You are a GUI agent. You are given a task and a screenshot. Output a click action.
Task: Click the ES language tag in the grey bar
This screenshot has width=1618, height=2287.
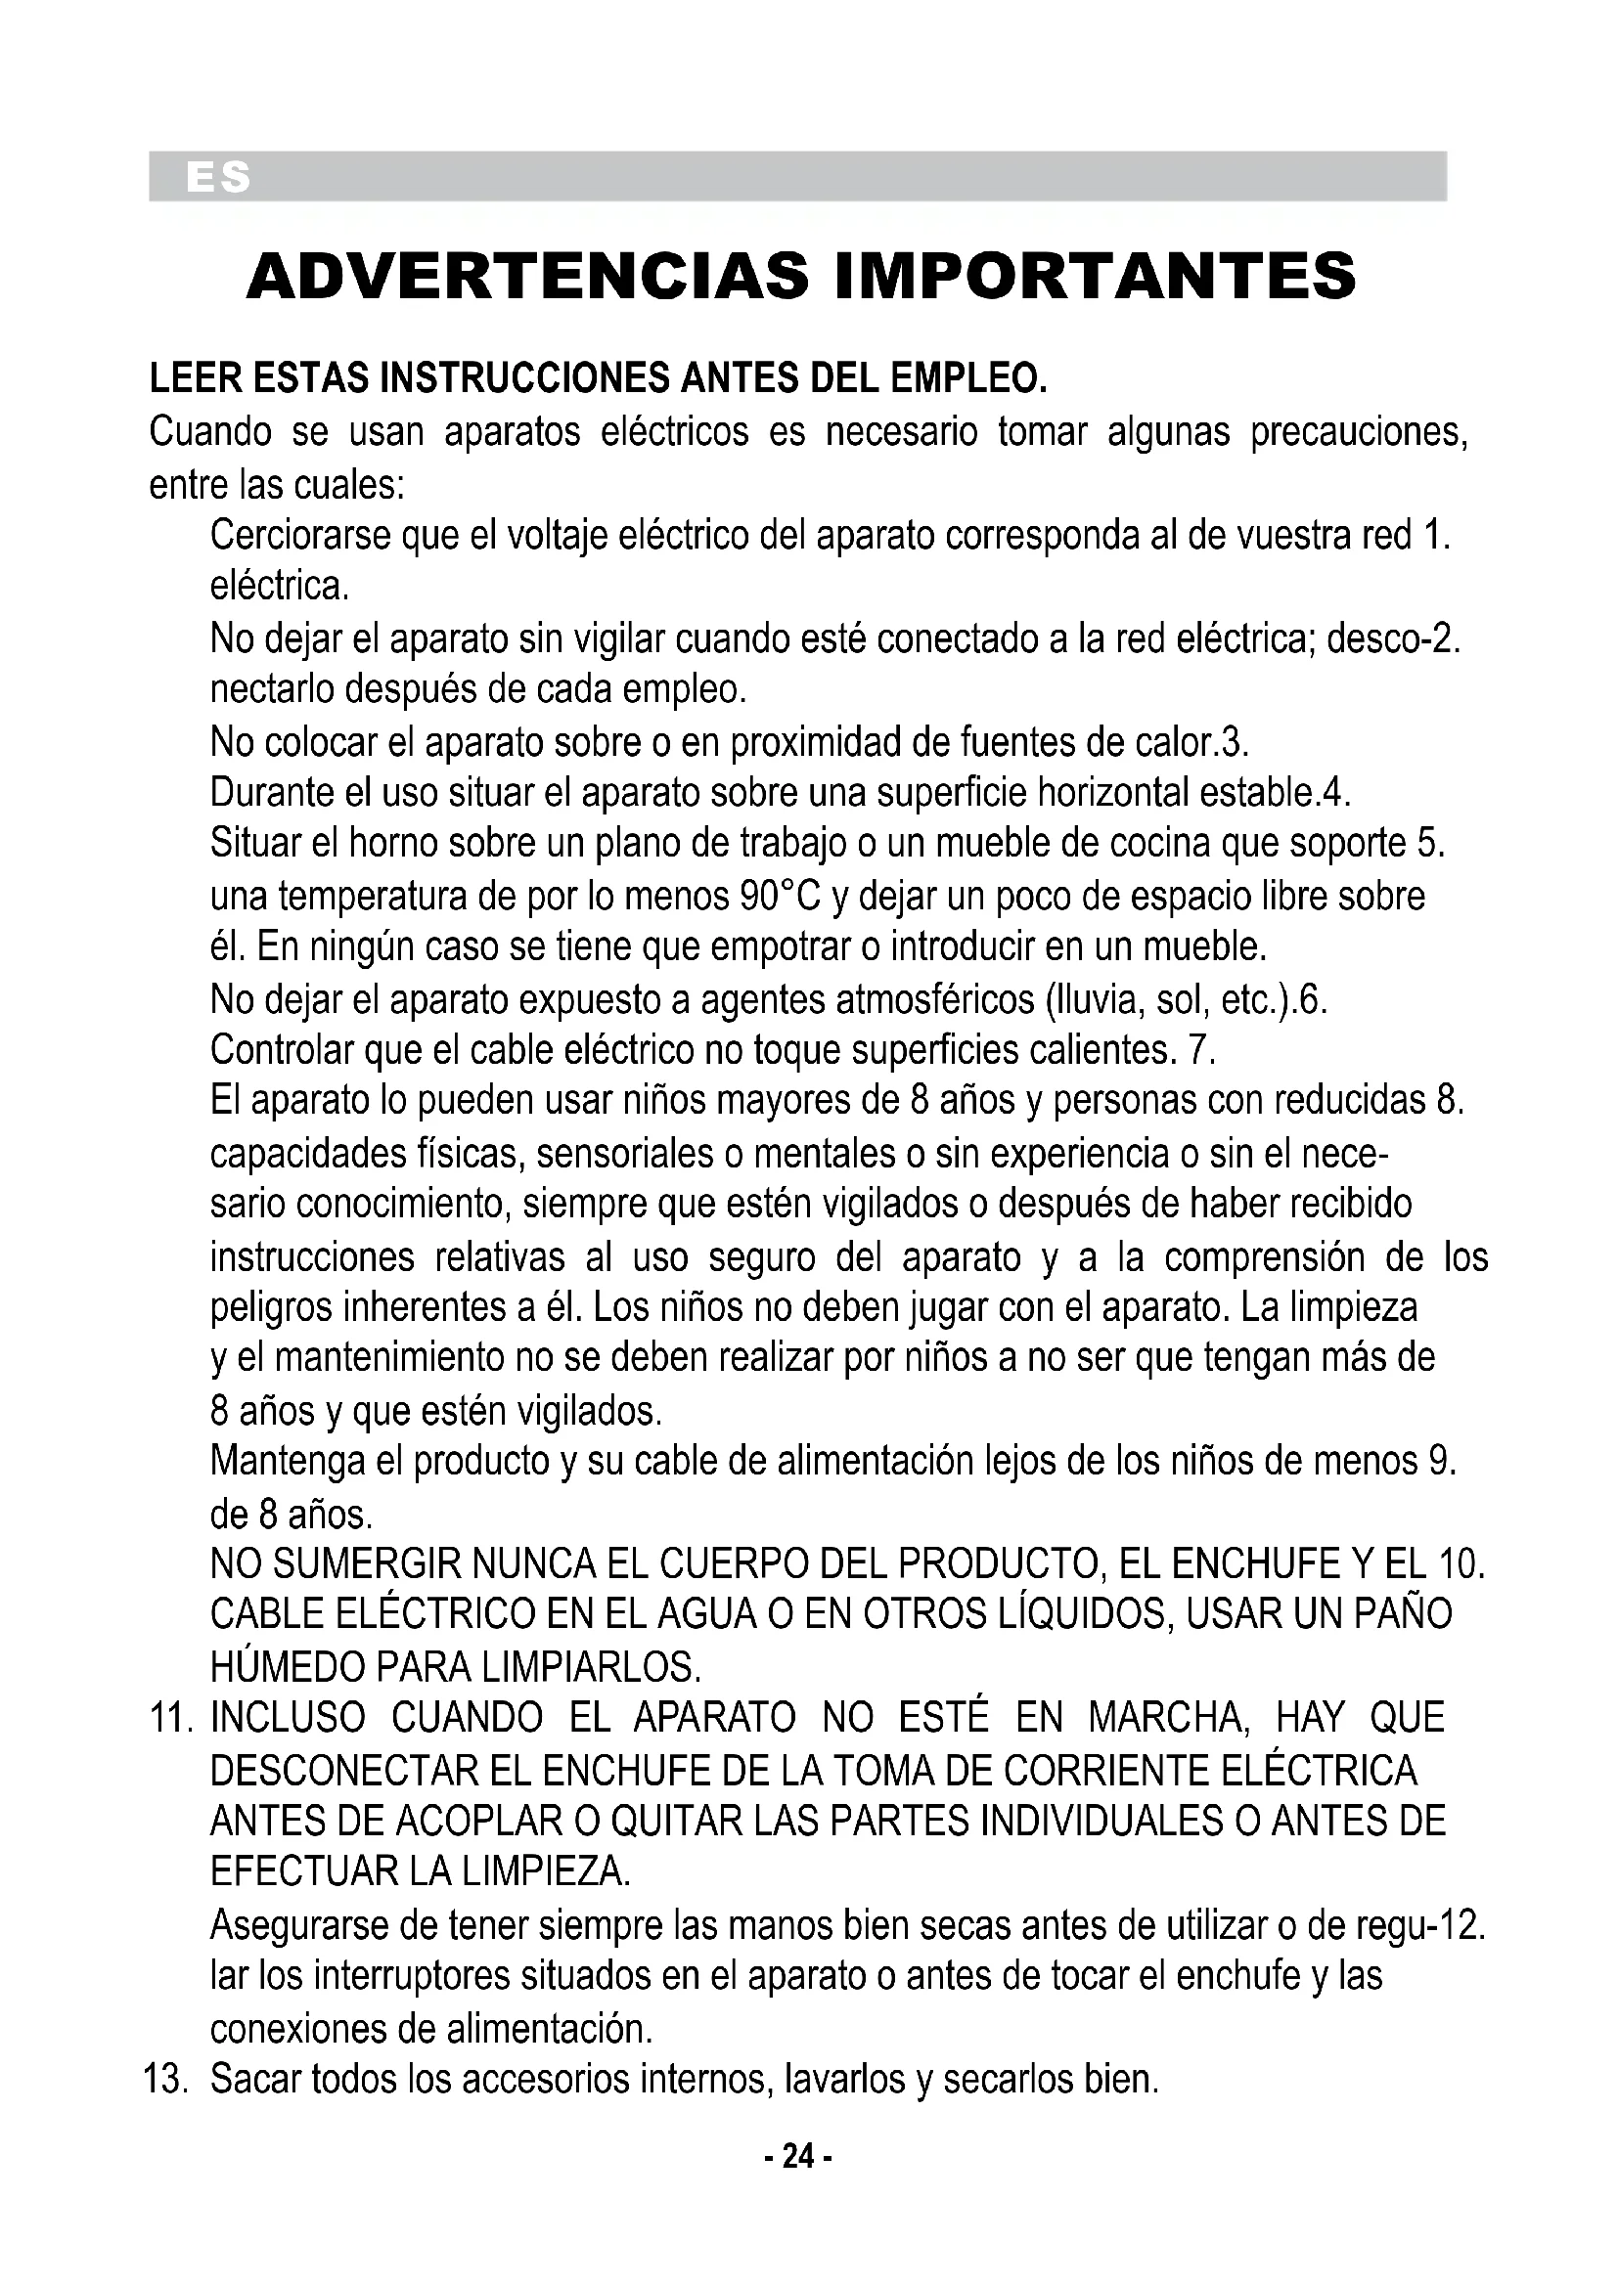coord(218,178)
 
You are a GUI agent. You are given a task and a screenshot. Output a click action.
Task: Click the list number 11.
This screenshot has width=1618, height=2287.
coord(170,1717)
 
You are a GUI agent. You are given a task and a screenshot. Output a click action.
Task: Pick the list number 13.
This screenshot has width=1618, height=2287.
coord(166,2080)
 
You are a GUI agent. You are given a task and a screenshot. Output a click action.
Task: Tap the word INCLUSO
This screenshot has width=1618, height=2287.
coord(288,1717)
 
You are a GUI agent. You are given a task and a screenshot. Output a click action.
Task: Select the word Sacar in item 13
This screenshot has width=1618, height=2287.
coord(256,2080)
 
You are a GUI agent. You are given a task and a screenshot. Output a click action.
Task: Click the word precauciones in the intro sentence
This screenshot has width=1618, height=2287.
coord(1359,432)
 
